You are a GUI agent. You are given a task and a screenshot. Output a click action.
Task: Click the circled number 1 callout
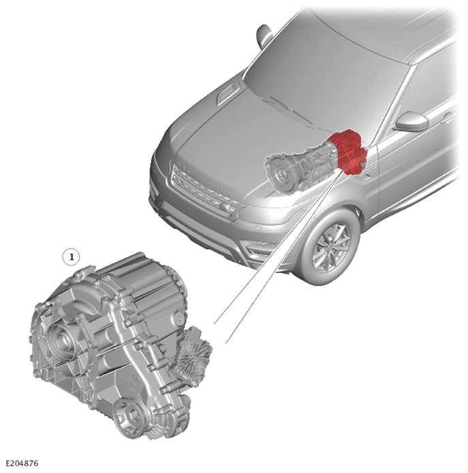coord(72,257)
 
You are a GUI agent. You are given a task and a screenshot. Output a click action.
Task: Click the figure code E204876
coord(22,463)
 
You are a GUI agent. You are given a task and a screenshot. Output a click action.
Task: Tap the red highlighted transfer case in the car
coord(348,152)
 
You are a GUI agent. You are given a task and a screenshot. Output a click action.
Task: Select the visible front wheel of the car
coord(330,246)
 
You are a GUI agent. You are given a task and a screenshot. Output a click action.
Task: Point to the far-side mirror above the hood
coord(264,35)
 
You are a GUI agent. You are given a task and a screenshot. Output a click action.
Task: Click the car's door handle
coord(448,117)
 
